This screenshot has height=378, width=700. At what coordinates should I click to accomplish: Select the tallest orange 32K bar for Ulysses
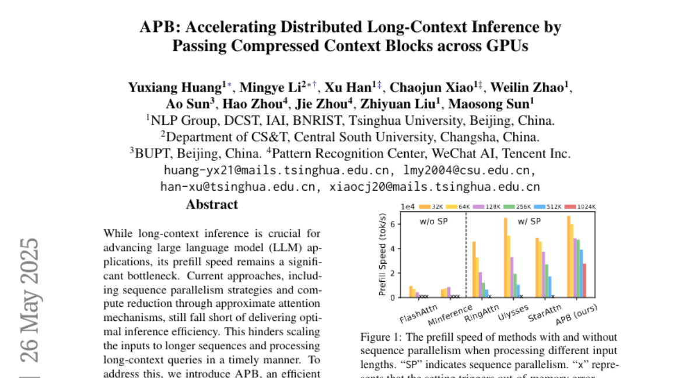(x=505, y=257)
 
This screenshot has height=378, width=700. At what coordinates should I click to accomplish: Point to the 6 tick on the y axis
(x=394, y=224)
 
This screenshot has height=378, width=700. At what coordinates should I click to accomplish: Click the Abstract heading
(x=212, y=205)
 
